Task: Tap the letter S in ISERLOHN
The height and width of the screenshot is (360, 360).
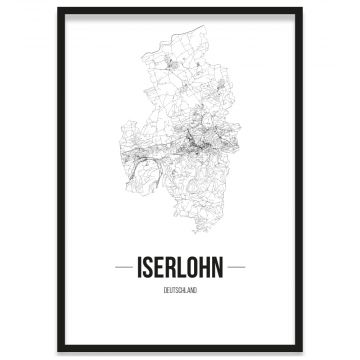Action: (145, 268)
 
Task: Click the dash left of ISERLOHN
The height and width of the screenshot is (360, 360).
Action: (119, 268)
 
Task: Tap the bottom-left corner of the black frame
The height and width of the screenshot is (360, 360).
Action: (59, 351)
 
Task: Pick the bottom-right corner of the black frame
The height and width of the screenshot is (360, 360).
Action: (300, 351)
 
